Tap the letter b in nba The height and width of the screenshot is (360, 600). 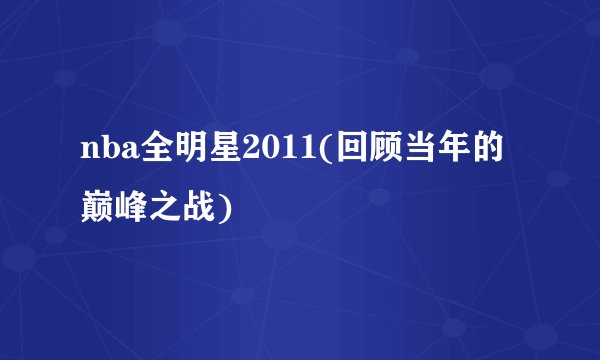[106, 153]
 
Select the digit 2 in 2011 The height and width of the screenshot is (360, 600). [238, 153]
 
